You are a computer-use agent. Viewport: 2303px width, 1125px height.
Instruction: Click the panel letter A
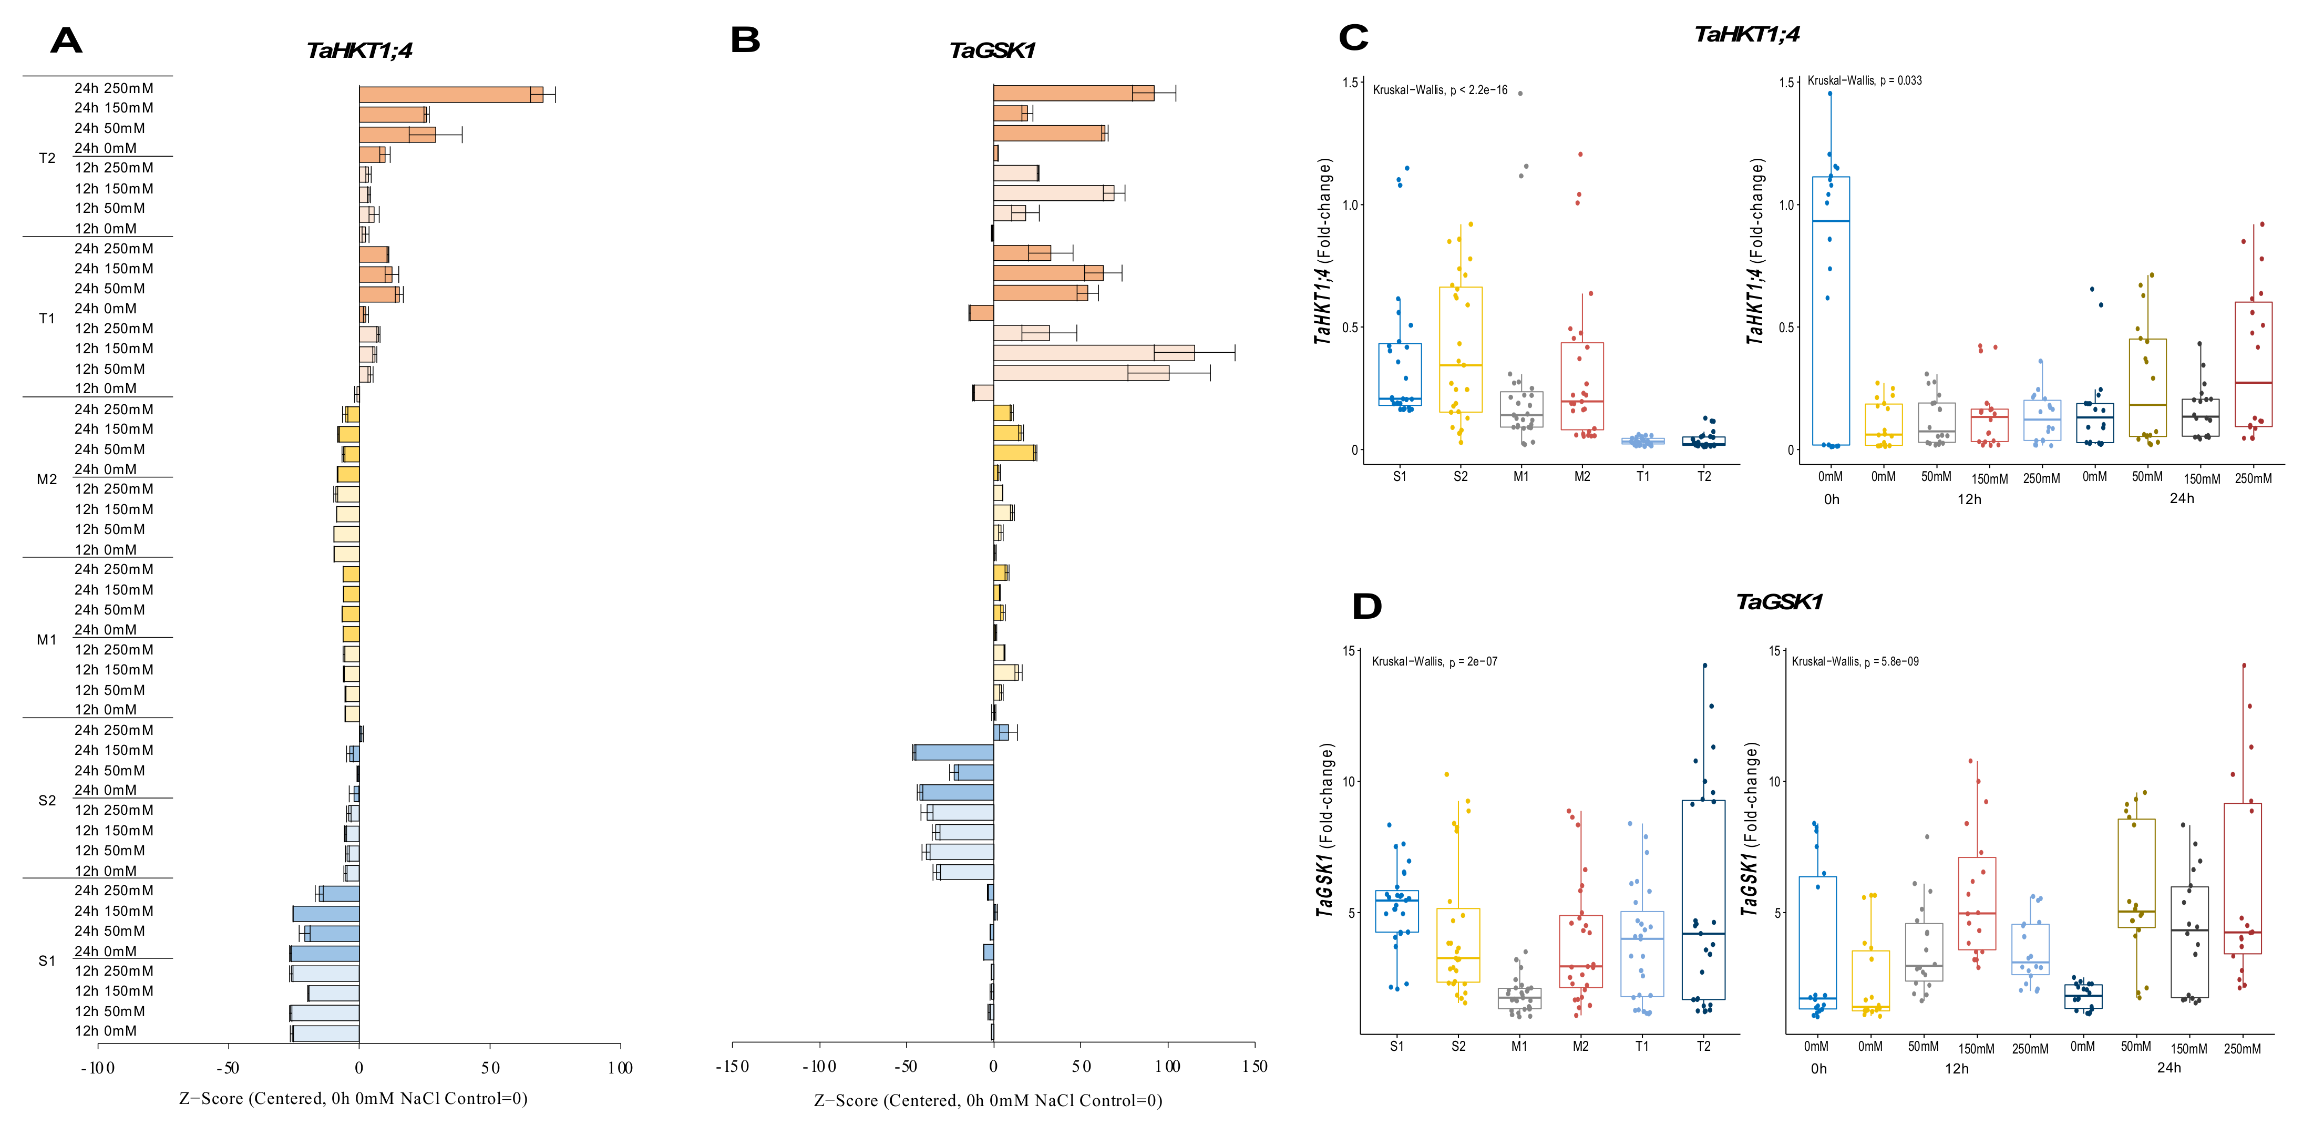66,40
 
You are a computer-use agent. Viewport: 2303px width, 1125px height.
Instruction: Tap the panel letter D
1367,606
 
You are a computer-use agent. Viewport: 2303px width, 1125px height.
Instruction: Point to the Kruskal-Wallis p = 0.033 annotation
1864,80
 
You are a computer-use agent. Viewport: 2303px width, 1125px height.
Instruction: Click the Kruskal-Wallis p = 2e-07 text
1434,662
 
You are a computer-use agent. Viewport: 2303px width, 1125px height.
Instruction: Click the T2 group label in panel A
47,158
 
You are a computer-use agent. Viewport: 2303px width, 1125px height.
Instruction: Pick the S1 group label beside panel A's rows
47,960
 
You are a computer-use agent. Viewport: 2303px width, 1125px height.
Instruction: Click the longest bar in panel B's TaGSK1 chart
1093,352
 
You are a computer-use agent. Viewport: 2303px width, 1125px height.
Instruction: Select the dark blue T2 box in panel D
1703,899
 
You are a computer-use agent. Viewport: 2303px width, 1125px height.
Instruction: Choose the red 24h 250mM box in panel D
2242,878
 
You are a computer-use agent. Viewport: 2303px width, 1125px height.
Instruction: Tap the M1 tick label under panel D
1519,1046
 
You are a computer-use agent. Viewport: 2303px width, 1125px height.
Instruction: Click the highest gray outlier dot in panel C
1520,93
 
